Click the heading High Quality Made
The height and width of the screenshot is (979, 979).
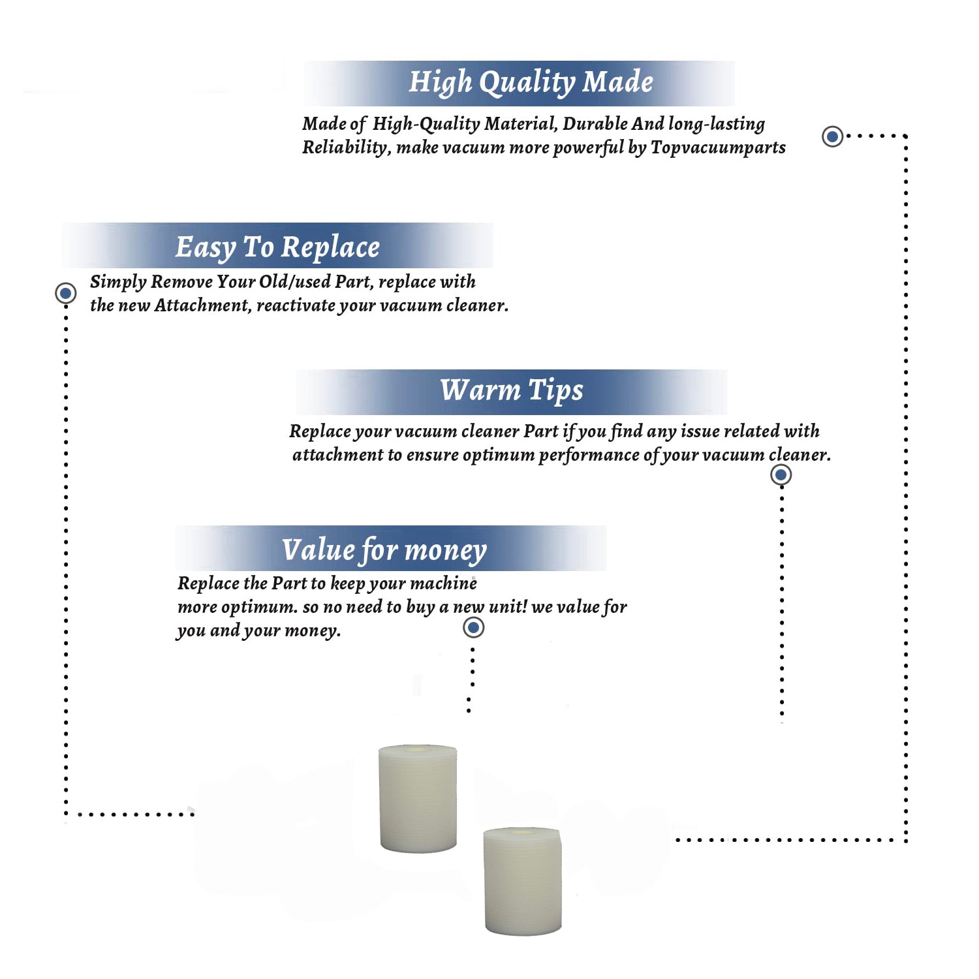(x=531, y=83)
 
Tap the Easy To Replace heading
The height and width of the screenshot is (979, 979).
(x=277, y=247)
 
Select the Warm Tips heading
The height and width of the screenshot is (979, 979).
(x=512, y=391)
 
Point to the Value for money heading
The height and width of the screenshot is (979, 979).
(x=384, y=550)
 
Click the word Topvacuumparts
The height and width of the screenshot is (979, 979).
(x=718, y=148)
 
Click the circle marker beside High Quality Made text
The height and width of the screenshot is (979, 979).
(x=832, y=136)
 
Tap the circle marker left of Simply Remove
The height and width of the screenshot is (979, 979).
(x=65, y=293)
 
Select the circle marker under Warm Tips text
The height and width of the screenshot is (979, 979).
(x=781, y=474)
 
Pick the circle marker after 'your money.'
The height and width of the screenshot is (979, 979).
(x=473, y=628)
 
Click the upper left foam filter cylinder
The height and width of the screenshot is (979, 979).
(x=418, y=798)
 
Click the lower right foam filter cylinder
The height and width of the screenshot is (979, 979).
(x=522, y=881)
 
